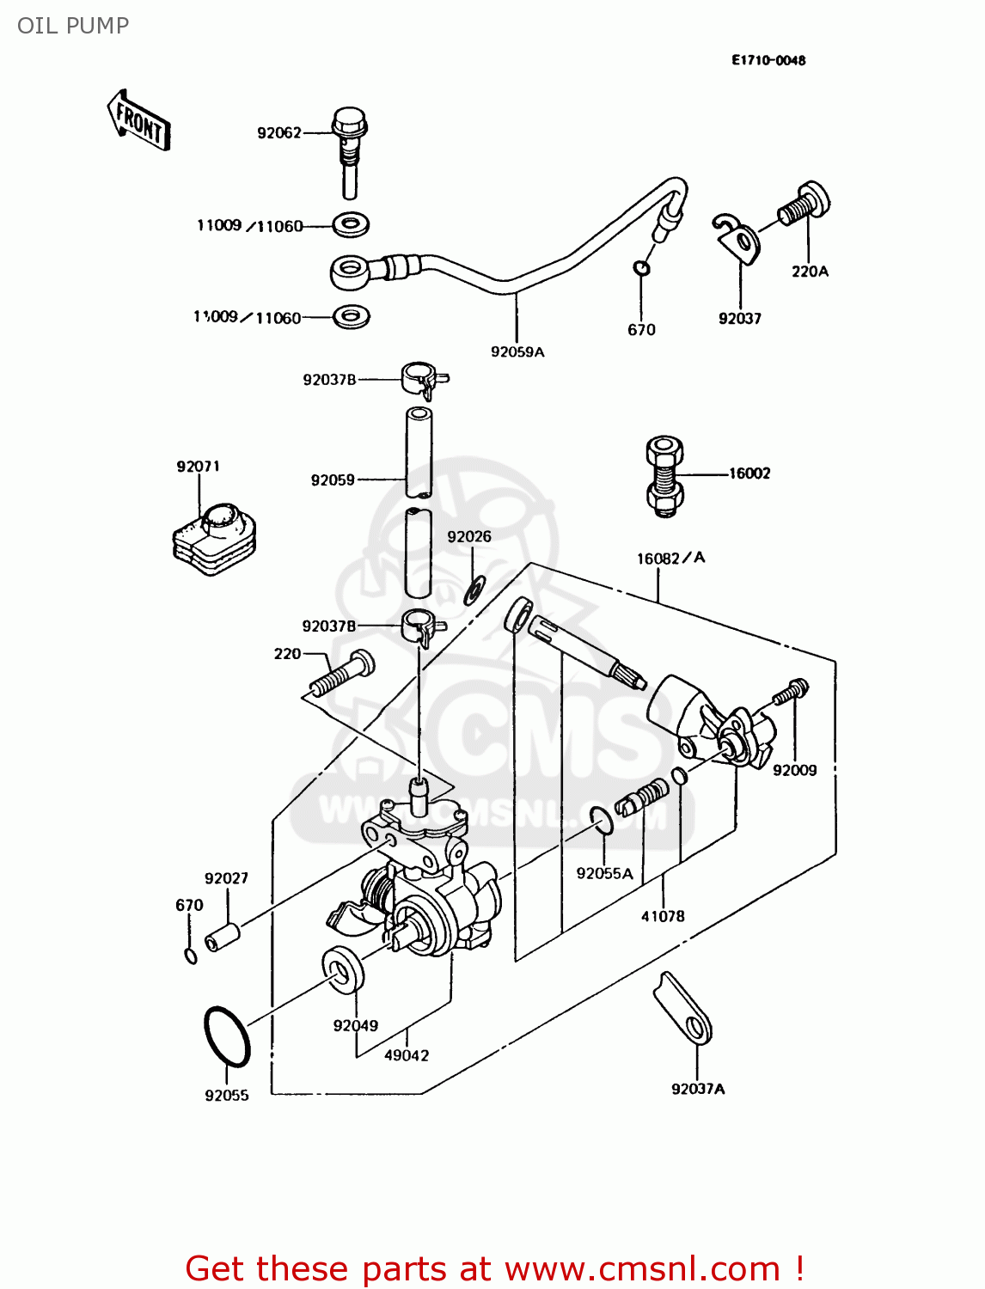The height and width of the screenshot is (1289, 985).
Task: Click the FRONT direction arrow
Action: coord(138,121)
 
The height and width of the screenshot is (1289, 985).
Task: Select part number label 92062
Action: coord(279,132)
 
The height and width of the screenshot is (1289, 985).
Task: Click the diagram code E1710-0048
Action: coord(768,60)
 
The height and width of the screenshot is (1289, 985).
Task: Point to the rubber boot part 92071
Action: coord(215,536)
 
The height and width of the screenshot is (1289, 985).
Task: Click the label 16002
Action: coord(749,473)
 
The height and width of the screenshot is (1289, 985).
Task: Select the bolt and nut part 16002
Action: coord(664,476)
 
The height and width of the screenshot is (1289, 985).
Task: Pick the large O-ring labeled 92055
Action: coord(227,1036)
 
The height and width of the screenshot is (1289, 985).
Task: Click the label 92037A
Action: coord(698,1089)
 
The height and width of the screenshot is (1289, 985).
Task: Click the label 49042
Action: coord(407,1055)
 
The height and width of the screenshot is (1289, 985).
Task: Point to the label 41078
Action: coord(663,916)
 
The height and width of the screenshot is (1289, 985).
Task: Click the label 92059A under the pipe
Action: coord(517,351)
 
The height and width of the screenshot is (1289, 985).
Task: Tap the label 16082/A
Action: coord(670,559)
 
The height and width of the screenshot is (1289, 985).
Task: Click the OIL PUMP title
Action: coord(73,26)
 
